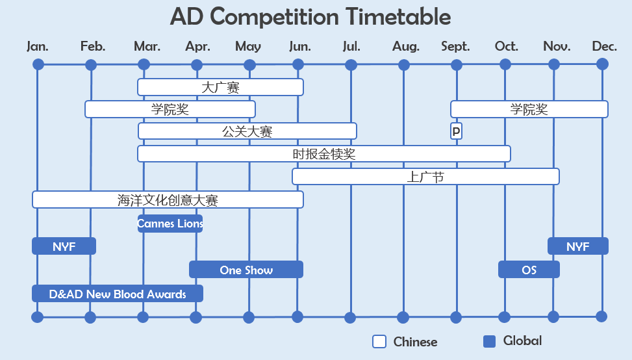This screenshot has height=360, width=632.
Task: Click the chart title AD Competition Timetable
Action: pos(310,17)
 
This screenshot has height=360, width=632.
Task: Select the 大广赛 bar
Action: pos(220,87)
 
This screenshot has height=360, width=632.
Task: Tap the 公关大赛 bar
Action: pos(247,131)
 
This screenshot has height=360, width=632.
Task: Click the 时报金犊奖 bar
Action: pos(323,154)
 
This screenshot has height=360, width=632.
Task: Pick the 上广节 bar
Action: pos(425,177)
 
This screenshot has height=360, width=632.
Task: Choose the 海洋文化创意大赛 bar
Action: pos(168,200)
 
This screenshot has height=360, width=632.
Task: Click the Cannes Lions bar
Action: pos(170,224)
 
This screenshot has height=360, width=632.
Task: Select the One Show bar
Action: pos(246,270)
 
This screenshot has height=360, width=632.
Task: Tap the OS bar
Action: pos(529,270)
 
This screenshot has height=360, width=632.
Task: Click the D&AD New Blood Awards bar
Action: pos(118,294)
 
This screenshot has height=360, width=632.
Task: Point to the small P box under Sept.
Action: pos(456,131)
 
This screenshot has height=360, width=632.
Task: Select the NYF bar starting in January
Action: pos(64,246)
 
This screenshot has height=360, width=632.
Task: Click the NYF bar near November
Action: pos(577,246)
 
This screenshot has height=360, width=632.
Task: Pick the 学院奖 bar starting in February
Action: pos(170,109)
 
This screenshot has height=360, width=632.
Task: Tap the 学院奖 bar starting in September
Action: pos(529,109)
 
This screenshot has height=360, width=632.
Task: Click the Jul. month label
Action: pos(351,46)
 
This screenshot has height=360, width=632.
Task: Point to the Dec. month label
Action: pos(604,46)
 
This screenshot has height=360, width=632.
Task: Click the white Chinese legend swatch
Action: pos(379,342)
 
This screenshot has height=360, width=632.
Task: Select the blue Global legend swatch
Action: pos(490,341)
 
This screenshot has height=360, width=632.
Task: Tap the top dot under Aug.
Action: pos(404,65)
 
